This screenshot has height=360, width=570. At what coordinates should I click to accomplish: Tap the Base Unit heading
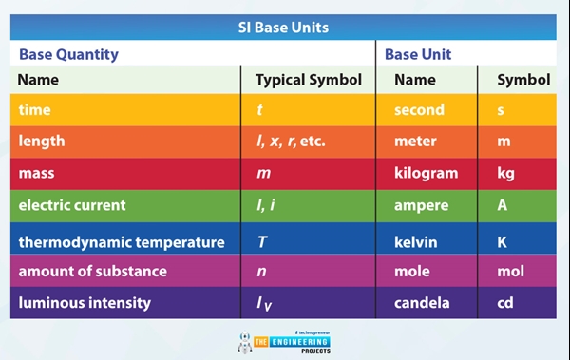tap(418, 54)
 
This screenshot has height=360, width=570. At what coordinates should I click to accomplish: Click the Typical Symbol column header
tap(309, 81)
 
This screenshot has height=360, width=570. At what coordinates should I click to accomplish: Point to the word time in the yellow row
tap(34, 110)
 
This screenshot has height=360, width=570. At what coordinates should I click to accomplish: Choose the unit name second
tap(420, 110)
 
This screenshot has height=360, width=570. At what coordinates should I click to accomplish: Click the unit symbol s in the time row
tap(502, 110)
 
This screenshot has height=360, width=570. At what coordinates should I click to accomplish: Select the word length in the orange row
tap(42, 142)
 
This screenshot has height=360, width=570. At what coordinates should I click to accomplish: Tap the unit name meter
tap(415, 142)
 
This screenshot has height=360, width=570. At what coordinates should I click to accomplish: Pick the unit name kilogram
tap(426, 174)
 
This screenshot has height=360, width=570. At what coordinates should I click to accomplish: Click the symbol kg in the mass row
tap(505, 174)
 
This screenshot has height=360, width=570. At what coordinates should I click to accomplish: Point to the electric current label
tap(71, 205)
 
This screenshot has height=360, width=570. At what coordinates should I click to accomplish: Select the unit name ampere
tap(421, 205)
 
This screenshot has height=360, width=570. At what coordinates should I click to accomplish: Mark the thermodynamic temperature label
tap(122, 242)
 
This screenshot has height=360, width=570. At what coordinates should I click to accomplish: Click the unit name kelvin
tap(416, 242)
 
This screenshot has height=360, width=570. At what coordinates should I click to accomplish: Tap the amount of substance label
tap(92, 272)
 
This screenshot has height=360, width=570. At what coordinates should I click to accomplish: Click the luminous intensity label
tap(85, 303)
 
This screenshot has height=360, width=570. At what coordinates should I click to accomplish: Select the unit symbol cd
tap(505, 303)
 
